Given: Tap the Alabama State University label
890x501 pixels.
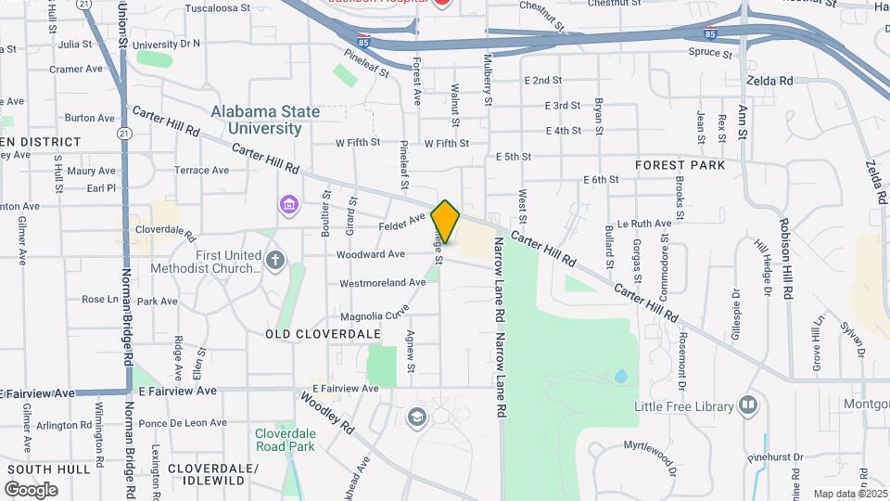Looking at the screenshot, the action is point(265,120).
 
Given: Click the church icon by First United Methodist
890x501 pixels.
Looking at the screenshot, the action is point(275,260).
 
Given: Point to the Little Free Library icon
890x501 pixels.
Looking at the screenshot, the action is point(748,405).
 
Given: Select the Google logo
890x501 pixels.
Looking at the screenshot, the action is point(31,489).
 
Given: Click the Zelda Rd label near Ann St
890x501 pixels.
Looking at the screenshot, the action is point(771,81).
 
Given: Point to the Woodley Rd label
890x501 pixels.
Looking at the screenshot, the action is point(327,414).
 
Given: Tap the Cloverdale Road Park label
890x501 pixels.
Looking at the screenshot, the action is point(286,440).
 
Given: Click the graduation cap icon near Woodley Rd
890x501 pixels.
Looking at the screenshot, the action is point(416,417).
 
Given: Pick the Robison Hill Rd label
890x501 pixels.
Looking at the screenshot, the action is point(786,258).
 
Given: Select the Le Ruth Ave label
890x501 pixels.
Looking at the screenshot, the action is point(643,224).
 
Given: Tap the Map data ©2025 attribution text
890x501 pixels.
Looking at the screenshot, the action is point(849,494).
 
